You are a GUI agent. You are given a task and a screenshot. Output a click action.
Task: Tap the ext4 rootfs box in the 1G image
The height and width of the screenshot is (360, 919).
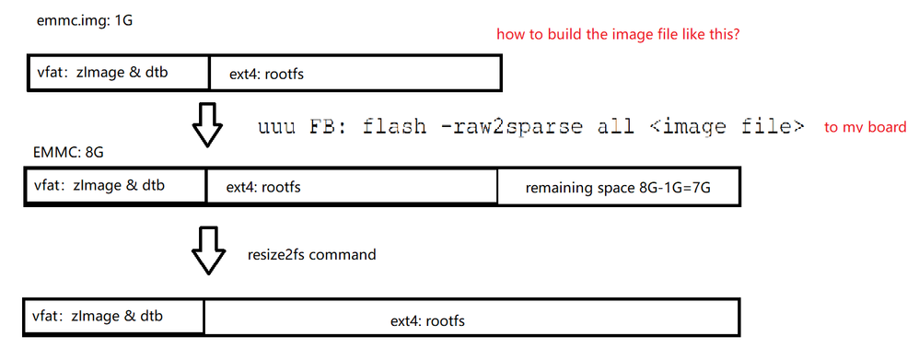pyautogui.click(x=355, y=73)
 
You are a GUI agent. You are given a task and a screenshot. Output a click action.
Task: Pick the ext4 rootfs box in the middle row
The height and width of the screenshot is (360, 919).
pyautogui.click(x=352, y=187)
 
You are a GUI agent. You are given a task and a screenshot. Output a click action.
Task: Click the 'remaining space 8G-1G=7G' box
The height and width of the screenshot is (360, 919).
pyautogui.click(x=618, y=188)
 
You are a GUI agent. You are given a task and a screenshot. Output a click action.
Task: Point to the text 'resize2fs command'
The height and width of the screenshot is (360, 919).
pyautogui.click(x=311, y=254)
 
